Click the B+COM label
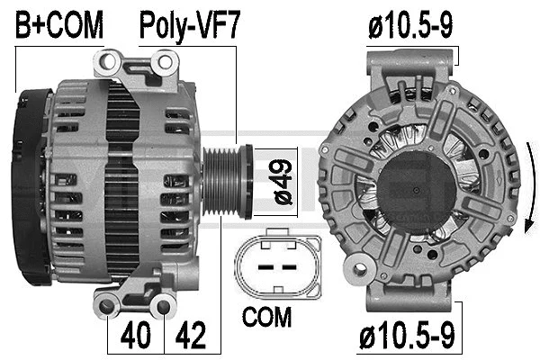coord(59,26)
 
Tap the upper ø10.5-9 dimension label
coord(410,26)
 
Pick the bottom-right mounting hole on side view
coord(163,308)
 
